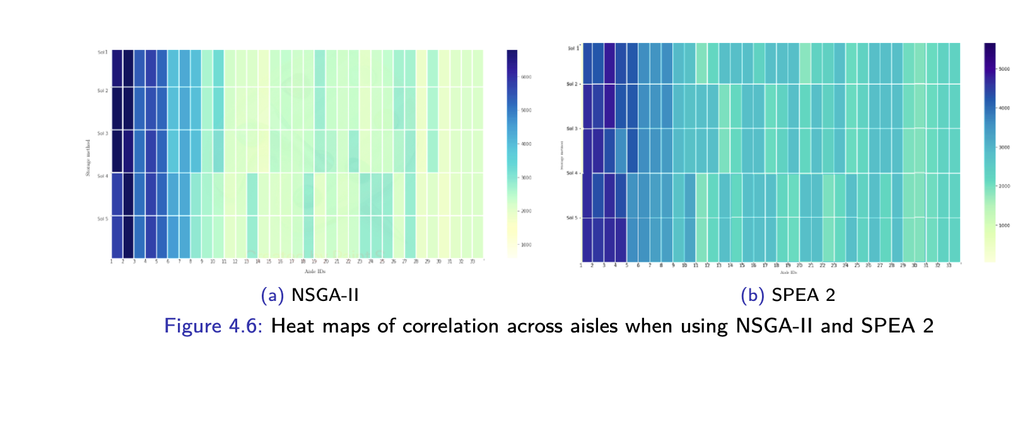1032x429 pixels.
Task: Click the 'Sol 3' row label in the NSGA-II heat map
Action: tap(102, 134)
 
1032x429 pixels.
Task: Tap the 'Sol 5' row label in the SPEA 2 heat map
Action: tap(572, 218)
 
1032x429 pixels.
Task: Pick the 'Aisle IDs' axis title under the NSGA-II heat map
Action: tap(315, 271)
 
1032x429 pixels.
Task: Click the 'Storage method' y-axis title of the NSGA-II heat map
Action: tap(88, 158)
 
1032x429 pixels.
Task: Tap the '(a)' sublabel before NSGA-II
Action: tap(273, 295)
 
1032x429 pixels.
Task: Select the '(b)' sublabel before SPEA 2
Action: tap(753, 295)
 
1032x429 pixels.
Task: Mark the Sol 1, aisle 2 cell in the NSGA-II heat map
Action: tap(129, 68)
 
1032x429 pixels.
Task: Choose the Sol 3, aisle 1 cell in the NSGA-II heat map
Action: tap(117, 151)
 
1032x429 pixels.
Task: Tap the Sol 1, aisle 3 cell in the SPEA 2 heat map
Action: tap(609, 63)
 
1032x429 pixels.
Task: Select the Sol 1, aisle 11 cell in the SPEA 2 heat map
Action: tap(701, 63)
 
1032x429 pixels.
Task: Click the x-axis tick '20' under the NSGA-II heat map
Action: tap(326, 261)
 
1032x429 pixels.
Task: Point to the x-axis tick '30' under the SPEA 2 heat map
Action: tap(914, 266)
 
